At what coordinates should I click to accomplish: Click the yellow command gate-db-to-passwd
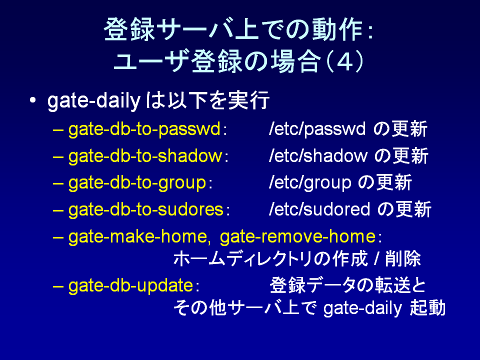click(x=144, y=129)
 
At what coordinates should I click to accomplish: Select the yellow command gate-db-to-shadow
click(x=145, y=156)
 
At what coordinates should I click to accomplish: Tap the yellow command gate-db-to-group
click(x=137, y=183)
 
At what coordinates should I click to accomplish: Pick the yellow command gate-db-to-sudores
click(x=145, y=210)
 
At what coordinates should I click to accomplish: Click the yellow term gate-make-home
click(x=138, y=237)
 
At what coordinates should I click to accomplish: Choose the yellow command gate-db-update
click(x=130, y=286)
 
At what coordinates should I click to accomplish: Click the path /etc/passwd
click(x=317, y=129)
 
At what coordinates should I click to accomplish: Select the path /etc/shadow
click(x=318, y=156)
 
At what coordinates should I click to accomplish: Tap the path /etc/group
click(x=310, y=183)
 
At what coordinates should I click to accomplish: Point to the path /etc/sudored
click(x=319, y=210)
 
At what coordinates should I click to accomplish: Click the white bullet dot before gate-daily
click(x=33, y=100)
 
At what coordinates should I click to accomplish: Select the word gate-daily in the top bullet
click(x=94, y=100)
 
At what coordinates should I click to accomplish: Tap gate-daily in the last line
click(x=362, y=308)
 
